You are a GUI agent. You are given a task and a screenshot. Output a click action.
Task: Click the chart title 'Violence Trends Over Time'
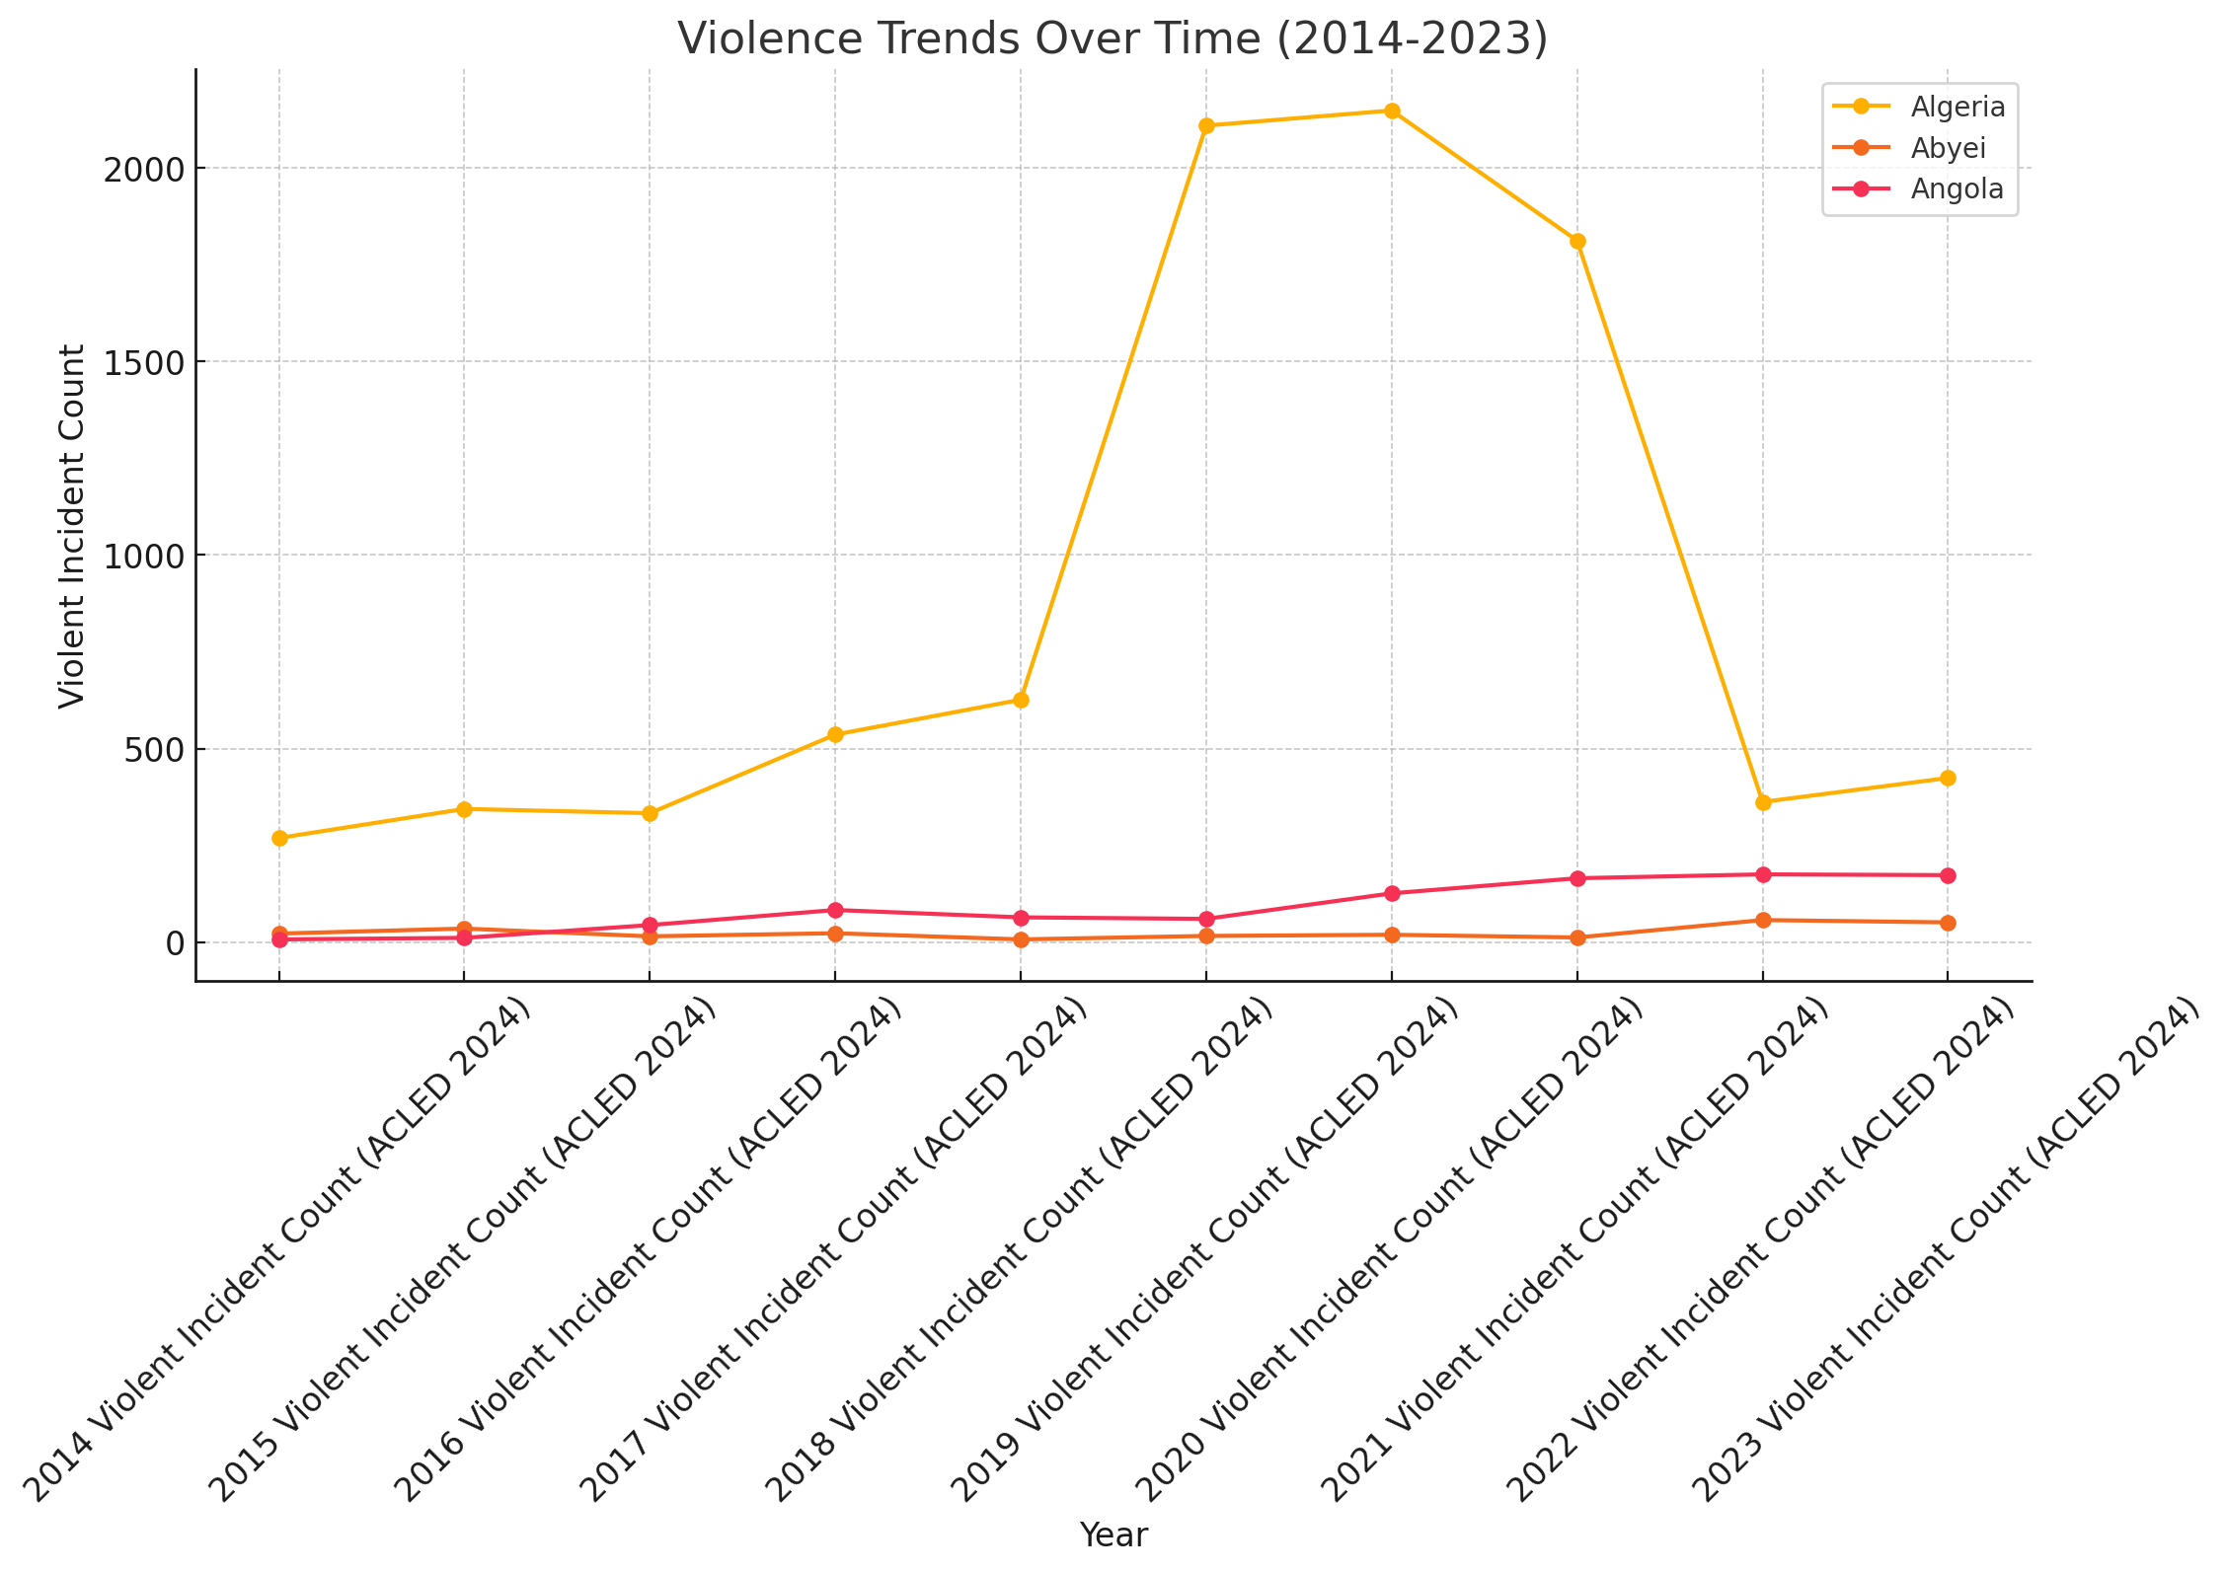(x=1113, y=39)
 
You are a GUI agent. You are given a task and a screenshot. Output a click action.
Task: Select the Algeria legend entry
(x=1957, y=107)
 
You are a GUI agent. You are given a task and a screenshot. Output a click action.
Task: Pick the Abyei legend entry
(x=1948, y=148)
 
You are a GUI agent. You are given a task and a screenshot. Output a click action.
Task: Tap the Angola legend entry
(x=1957, y=188)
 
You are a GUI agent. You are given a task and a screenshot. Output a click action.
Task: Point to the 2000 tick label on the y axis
(x=145, y=169)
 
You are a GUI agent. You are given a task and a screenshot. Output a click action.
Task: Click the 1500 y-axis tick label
(x=145, y=362)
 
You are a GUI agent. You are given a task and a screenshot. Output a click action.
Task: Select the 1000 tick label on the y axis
(x=145, y=556)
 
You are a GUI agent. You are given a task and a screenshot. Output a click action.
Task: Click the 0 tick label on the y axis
(x=176, y=943)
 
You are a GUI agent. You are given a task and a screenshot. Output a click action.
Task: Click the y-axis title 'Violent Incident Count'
(x=72, y=525)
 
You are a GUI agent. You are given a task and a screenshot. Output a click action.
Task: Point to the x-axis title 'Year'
(x=1113, y=1535)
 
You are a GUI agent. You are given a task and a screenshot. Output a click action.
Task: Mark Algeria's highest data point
(x=1392, y=111)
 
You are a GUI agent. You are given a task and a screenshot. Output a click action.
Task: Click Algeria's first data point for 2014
(x=279, y=838)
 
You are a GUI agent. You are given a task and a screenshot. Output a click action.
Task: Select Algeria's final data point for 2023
(x=1948, y=778)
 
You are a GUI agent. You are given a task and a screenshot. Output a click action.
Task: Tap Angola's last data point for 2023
(x=1948, y=875)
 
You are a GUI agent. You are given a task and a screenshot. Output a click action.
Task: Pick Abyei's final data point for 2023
(x=1948, y=923)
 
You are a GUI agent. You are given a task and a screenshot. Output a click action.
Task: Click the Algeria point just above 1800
(x=1577, y=241)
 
